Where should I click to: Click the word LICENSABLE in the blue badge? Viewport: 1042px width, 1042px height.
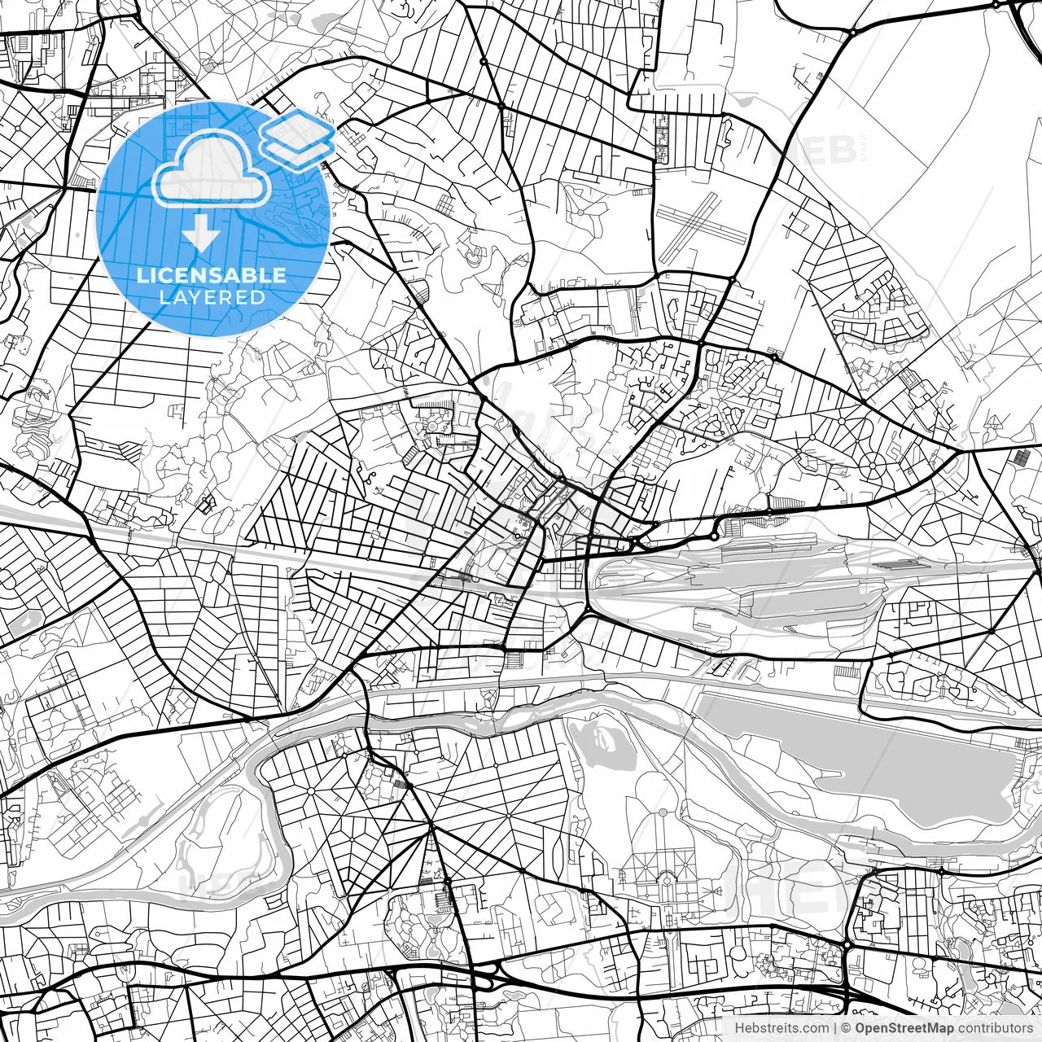212,275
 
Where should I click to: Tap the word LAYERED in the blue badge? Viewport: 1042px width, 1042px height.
212,297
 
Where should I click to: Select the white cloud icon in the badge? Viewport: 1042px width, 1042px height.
212,169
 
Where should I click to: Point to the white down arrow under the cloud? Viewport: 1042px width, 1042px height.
201,233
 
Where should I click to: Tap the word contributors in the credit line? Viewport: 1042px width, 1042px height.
995,1028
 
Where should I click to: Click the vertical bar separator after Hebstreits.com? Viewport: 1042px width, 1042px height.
835,1028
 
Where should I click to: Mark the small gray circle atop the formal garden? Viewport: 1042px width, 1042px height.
663,812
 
